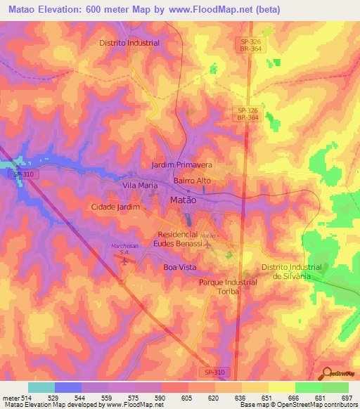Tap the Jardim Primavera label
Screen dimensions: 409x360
(181, 164)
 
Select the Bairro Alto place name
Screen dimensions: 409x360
(192, 181)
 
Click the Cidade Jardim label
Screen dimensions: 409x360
(115, 207)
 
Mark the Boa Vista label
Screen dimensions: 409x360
(180, 268)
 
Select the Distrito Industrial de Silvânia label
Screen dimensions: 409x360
(291, 271)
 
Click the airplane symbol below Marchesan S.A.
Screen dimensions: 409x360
(126, 262)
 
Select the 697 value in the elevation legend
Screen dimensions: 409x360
(347, 398)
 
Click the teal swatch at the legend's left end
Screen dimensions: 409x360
(41, 387)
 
